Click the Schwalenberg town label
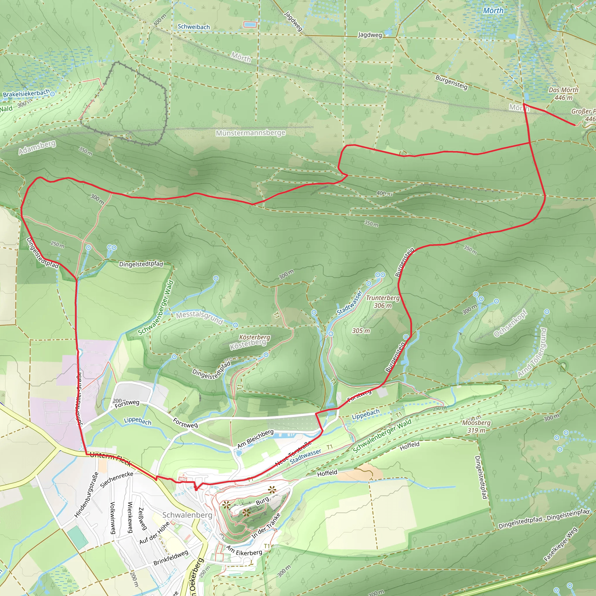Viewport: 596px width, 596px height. pyautogui.click(x=187, y=515)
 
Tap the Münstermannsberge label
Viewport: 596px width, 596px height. pyautogui.click(x=251, y=133)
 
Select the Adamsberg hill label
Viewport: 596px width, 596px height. pyautogui.click(x=37, y=147)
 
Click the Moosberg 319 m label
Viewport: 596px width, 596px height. pyautogui.click(x=476, y=426)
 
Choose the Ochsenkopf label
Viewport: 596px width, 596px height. pyautogui.click(x=510, y=324)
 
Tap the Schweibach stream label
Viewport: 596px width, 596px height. pyautogui.click(x=194, y=27)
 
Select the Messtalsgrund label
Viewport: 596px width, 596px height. pyautogui.click(x=199, y=318)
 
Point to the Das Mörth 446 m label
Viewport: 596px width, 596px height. pyautogui.click(x=563, y=93)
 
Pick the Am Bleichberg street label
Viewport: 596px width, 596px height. pyautogui.click(x=255, y=439)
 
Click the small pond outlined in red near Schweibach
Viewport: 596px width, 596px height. pyautogui.click(x=250, y=24)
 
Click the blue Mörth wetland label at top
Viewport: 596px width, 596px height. pyautogui.click(x=493, y=11)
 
